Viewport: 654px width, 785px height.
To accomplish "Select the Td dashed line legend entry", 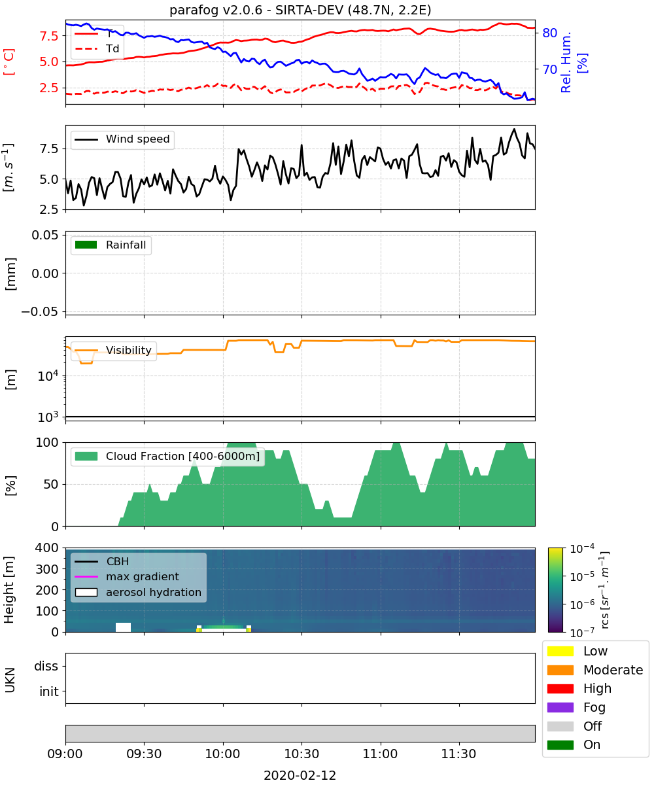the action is click(97, 48).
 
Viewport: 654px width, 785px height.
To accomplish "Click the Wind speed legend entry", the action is click(122, 139).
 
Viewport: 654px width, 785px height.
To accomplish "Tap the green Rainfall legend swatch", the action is click(86, 245).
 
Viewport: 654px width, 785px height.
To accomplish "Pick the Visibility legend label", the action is click(129, 350).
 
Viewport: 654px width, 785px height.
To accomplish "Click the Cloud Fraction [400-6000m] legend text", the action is click(182, 456).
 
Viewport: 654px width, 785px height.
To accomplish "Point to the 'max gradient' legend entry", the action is click(127, 576).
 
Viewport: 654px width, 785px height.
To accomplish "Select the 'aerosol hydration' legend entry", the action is click(138, 592).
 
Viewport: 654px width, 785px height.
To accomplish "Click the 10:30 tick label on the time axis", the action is click(301, 754).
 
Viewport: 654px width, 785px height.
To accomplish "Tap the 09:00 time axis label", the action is click(65, 754).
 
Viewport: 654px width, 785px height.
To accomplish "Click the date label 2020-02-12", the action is click(300, 775).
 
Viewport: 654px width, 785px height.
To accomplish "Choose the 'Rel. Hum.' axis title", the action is click(566, 62).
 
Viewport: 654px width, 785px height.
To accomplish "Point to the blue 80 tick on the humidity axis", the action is click(549, 33).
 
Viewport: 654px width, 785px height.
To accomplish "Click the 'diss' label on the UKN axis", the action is click(46, 666).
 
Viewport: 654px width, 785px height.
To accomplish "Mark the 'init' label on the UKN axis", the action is click(49, 691).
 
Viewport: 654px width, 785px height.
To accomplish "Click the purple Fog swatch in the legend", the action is click(560, 707).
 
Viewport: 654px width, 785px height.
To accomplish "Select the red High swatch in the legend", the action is click(560, 688).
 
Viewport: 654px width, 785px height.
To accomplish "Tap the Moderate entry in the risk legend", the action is click(594, 670).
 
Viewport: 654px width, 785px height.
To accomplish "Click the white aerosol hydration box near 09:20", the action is click(123, 627).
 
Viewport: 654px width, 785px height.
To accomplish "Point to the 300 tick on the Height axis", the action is click(46, 569).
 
